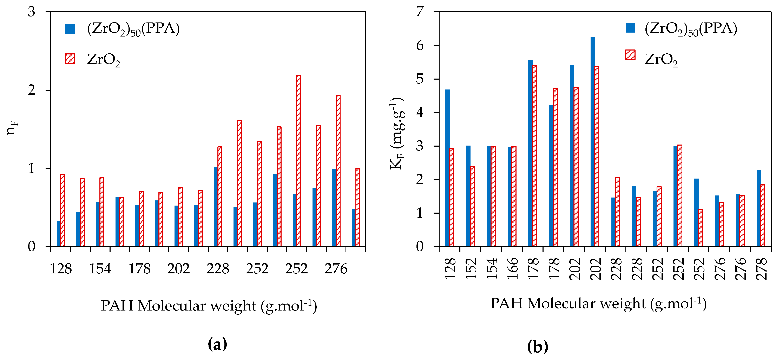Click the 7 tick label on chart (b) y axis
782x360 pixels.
420,12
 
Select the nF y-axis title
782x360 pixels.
12,127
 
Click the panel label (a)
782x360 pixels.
217,344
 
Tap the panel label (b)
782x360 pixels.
538,346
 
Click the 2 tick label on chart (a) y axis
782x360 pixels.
32,90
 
